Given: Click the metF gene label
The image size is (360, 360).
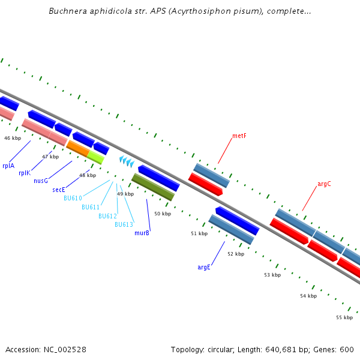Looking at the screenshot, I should pyautogui.click(x=239, y=136).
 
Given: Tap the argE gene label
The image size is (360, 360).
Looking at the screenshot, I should pyautogui.click(x=204, y=267).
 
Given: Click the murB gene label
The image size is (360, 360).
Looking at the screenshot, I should pyautogui.click(x=142, y=233).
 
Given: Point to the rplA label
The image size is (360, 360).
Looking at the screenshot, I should pyautogui.click(x=8, y=166).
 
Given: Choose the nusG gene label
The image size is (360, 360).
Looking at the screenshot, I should pyautogui.click(x=41, y=181).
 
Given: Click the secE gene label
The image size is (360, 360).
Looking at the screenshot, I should pyautogui.click(x=59, y=190).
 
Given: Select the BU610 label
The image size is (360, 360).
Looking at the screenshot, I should pyautogui.click(x=73, y=198).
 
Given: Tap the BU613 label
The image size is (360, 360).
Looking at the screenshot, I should pyautogui.click(x=124, y=224).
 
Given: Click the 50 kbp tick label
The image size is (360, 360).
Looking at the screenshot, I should pyautogui.click(x=163, y=214).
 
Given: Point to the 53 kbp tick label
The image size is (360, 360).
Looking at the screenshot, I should pyautogui.click(x=272, y=275).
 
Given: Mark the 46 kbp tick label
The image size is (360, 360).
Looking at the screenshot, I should pyautogui.click(x=13, y=138).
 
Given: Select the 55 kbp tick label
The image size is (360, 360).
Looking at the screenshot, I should pyautogui.click(x=344, y=317).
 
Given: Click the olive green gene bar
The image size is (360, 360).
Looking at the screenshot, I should pyautogui.click(x=153, y=187).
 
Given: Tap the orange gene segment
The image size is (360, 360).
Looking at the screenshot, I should pyautogui.click(x=77, y=148).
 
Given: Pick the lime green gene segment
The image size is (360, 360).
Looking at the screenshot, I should pyautogui.click(x=95, y=157).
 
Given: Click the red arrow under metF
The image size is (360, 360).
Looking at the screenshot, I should pyautogui.click(x=205, y=184).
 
